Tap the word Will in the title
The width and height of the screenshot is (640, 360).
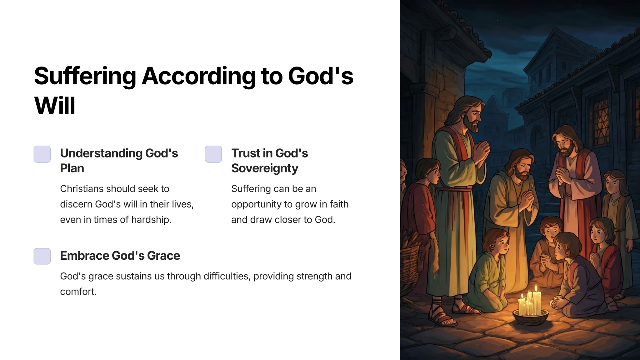click(55, 106)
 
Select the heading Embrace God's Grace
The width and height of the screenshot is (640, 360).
click(120, 256)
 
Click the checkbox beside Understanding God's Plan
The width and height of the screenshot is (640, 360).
click(42, 154)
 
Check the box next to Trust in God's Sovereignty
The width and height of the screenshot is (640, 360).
click(213, 154)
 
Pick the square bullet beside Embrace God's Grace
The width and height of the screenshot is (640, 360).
click(42, 256)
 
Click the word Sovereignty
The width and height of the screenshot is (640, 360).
click(265, 168)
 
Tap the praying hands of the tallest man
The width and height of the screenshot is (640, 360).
click(480, 151)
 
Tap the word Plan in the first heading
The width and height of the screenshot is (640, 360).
click(72, 168)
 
